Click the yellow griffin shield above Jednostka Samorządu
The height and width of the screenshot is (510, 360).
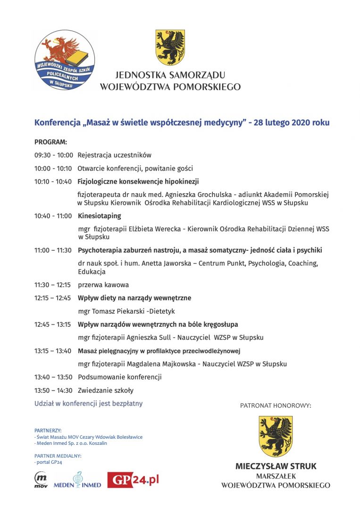(170, 47)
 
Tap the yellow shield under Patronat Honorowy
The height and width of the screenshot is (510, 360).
(276, 436)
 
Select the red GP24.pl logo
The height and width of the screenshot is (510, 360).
(133, 480)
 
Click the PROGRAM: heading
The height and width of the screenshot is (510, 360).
(50, 142)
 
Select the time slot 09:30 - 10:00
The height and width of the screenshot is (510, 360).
(53, 155)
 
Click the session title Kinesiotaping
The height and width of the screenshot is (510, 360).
(99, 216)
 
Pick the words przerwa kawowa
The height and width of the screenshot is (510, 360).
(103, 285)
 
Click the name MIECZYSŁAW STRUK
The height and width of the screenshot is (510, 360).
(276, 466)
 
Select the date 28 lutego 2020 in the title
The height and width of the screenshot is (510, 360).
(292, 122)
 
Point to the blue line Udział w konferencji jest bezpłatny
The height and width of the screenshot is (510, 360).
(88, 404)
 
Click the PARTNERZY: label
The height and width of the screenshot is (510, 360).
(48, 431)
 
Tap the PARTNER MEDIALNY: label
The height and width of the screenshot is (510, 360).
(58, 456)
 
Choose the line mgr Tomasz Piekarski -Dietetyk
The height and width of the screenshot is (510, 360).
(126, 311)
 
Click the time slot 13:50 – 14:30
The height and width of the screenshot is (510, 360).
(53, 391)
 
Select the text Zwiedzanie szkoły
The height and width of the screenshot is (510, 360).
(105, 391)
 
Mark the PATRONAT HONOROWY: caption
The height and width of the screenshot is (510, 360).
(276, 405)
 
